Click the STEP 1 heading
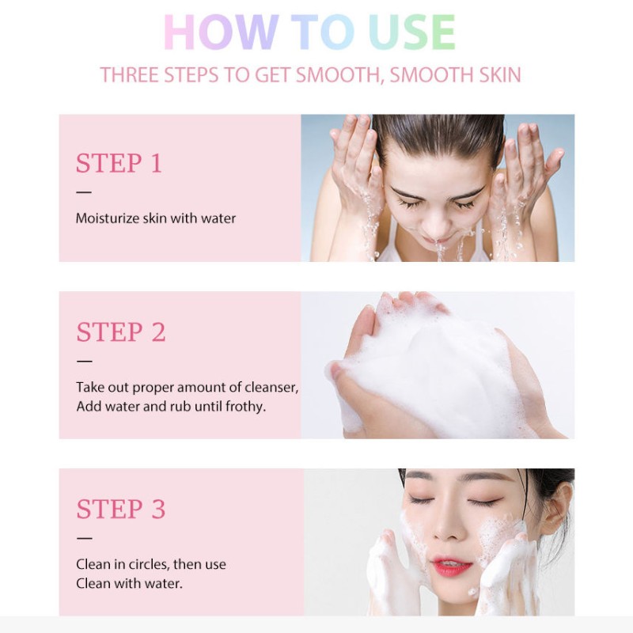(x=119, y=163)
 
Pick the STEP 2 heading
(x=121, y=332)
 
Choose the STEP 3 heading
(x=121, y=509)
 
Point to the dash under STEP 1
(x=84, y=191)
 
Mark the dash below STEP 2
(x=84, y=361)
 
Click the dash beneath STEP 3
(x=84, y=538)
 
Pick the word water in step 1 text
(x=218, y=218)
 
